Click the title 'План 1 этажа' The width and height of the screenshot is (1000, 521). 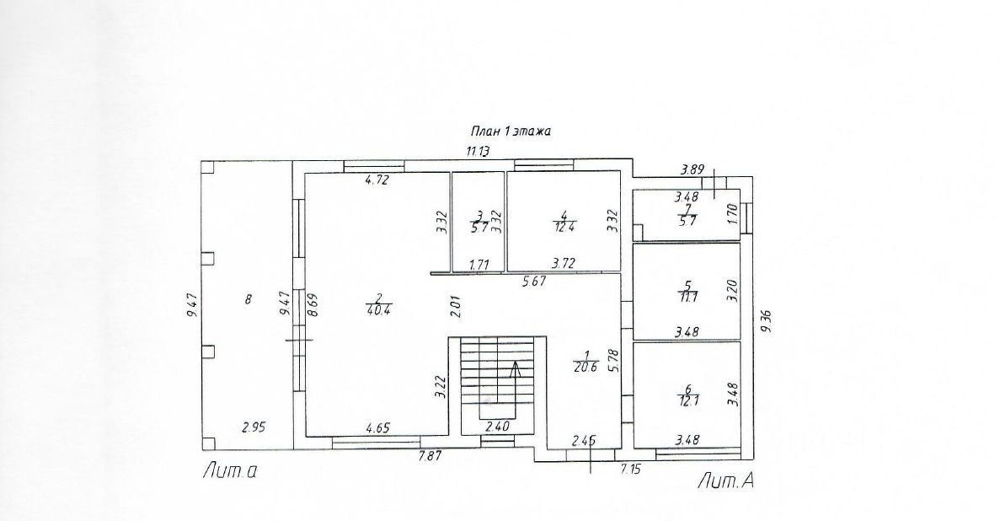click(x=510, y=132)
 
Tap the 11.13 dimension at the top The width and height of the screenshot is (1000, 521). click(x=479, y=152)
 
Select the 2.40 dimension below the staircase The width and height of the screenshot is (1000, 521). click(x=496, y=427)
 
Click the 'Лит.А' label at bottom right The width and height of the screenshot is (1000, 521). click(x=724, y=481)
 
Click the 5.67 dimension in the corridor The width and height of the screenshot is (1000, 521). click(x=535, y=282)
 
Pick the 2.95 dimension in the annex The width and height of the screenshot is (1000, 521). click(x=254, y=427)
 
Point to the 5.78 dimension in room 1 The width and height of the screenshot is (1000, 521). click(x=614, y=362)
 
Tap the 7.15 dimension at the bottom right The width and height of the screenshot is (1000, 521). click(x=631, y=468)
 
